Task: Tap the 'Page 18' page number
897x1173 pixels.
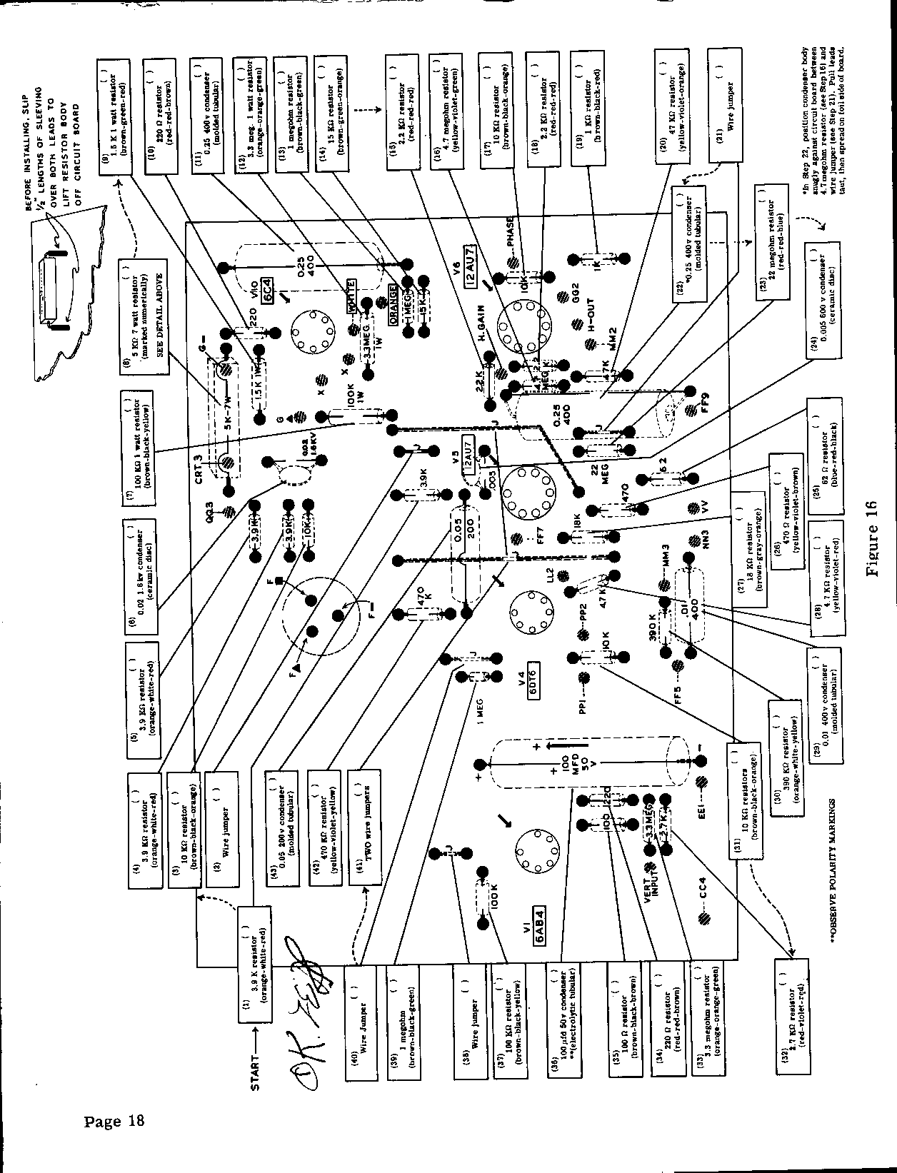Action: (114, 1120)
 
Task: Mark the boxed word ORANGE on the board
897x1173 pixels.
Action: (392, 306)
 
